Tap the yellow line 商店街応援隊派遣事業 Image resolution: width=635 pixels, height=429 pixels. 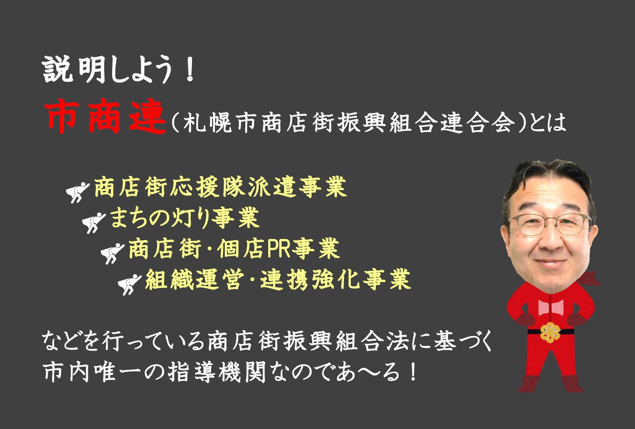220,187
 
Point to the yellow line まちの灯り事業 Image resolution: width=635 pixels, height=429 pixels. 185,218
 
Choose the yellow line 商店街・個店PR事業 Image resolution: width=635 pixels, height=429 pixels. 234,248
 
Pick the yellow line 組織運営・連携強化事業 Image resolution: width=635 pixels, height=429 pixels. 278,279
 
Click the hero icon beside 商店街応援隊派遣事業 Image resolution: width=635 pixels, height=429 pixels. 78,192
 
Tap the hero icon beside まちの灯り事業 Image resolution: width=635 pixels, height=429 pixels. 93,223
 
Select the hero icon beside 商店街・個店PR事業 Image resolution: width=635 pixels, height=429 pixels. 113,254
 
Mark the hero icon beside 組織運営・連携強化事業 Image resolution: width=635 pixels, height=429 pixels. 129,285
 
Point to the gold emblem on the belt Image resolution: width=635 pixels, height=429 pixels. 550,332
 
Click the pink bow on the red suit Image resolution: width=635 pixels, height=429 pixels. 550,307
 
